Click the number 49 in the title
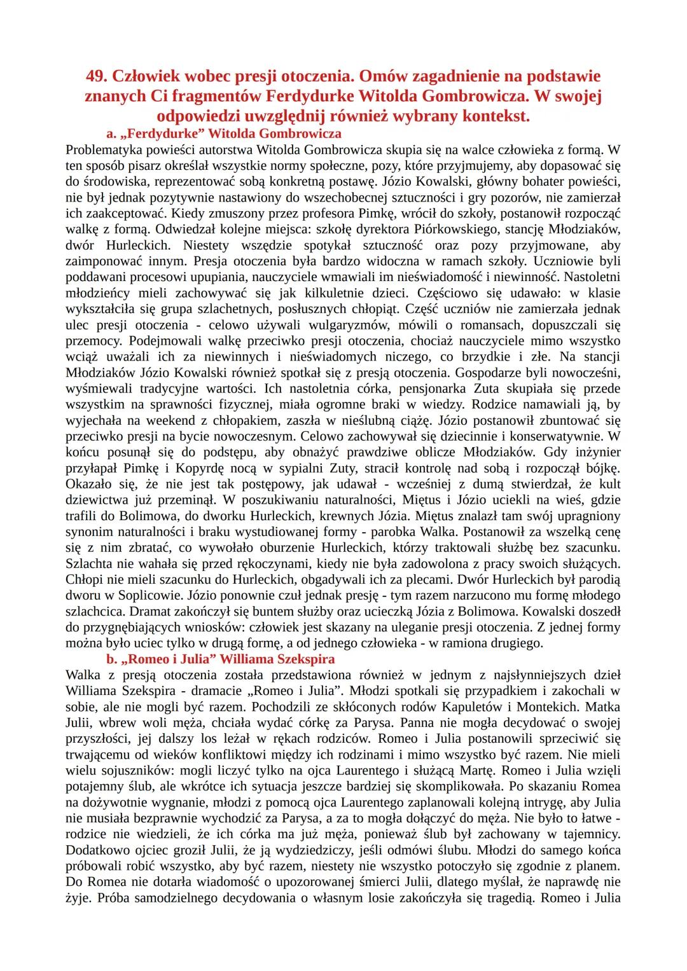tap(95, 76)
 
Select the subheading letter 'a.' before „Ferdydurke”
tap(111, 134)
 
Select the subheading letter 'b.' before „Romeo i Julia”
tap(112, 659)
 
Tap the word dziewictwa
tap(97, 500)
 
